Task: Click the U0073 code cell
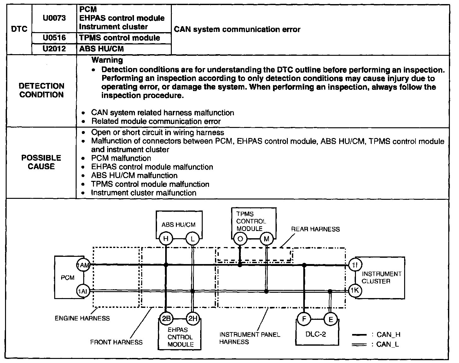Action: tap(54, 18)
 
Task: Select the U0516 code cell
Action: tap(54, 38)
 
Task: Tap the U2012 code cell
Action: tap(54, 49)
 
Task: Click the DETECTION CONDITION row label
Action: tap(41, 90)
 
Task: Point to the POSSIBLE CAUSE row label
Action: tap(41, 162)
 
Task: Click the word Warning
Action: tap(107, 60)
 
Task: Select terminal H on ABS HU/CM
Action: tap(166, 239)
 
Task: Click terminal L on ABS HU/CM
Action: tap(193, 239)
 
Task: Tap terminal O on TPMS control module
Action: tap(240, 239)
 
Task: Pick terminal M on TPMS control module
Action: tap(266, 239)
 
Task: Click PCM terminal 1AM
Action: tap(84, 265)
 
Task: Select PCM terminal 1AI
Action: tap(83, 291)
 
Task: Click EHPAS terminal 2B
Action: tap(166, 319)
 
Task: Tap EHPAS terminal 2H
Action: tap(192, 319)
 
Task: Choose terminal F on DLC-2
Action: tap(304, 319)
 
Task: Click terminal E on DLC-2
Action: tap(331, 320)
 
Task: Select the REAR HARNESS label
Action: tap(315, 229)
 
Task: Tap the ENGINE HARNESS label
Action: tap(82, 318)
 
